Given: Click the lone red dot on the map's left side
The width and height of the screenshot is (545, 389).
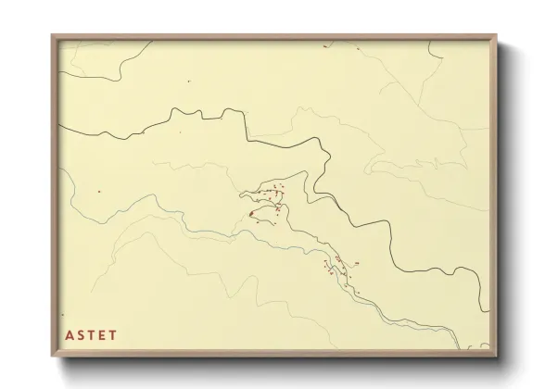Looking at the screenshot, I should (98, 192).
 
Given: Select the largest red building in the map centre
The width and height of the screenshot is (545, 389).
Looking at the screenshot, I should (251, 214).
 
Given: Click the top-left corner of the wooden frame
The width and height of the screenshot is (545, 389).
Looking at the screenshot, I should (52, 34).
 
